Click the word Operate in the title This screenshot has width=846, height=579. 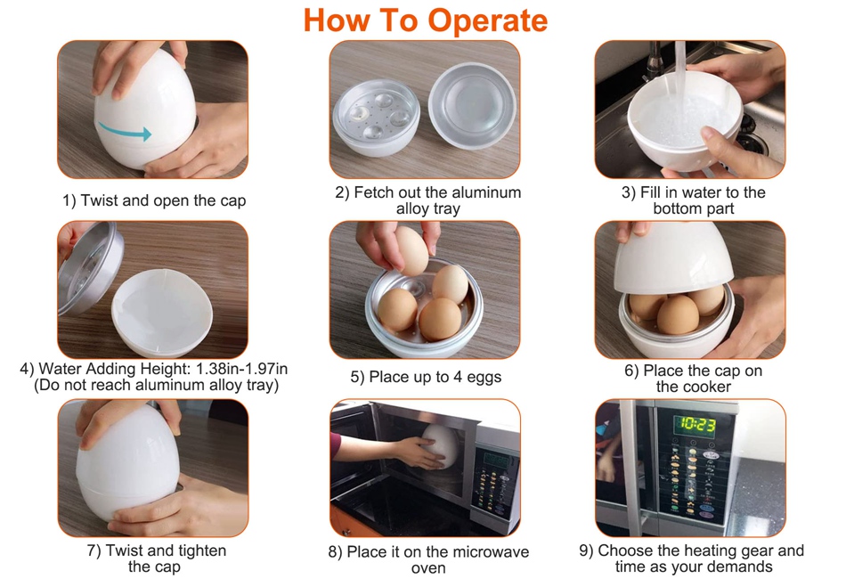coord(487,20)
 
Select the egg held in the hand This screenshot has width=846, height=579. coord(411,250)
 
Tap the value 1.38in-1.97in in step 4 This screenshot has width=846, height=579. coord(241,369)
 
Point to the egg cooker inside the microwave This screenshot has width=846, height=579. coord(440,446)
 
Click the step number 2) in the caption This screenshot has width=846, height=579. coord(342,192)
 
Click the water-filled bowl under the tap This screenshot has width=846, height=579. coord(685,123)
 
